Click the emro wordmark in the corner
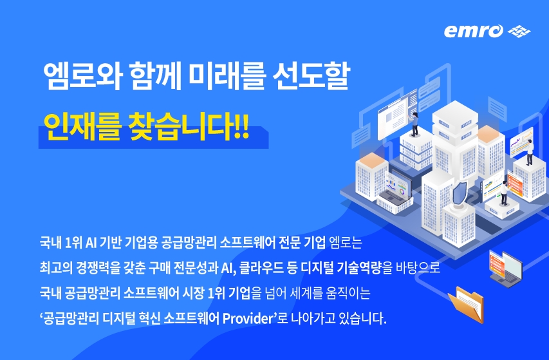point(473,31)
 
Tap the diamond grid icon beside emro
point(519,31)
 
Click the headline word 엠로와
point(82,76)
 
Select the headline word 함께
point(155,76)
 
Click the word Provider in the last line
point(248,318)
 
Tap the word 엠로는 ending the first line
point(346,242)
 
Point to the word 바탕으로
point(418,268)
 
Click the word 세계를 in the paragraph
point(306,293)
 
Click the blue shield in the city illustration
point(460,193)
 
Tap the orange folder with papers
point(467,304)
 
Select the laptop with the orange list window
point(505,269)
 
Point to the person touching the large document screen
point(415,124)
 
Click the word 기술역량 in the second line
point(359,268)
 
